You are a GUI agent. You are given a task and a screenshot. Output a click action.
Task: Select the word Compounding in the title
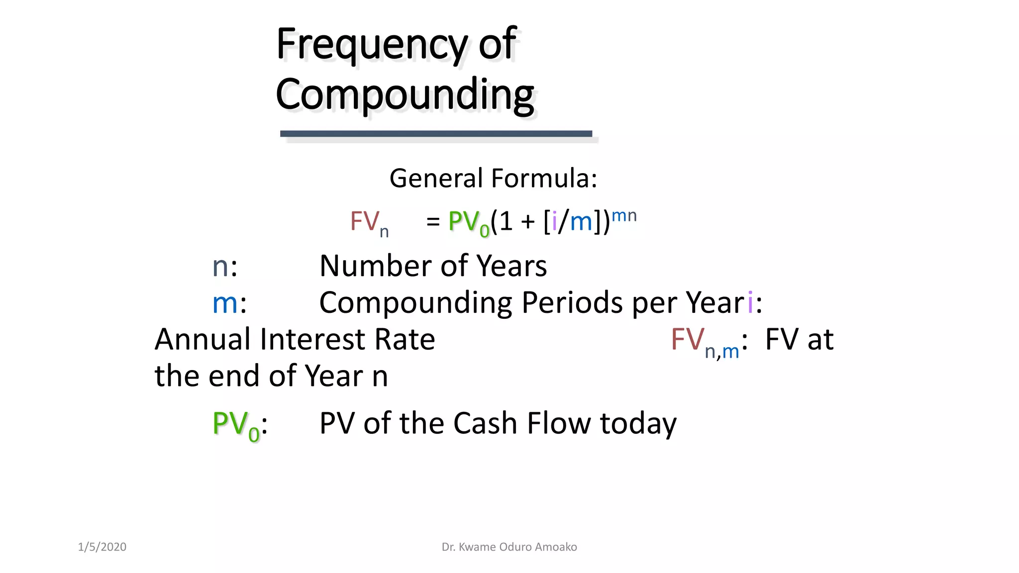(x=405, y=95)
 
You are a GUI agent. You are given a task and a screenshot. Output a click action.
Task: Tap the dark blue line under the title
(x=436, y=133)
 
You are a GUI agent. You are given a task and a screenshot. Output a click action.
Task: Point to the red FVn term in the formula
(x=368, y=222)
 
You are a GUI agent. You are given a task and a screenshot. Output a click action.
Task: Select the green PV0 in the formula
(x=468, y=222)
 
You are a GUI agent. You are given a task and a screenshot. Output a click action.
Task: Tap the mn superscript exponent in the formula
(x=624, y=215)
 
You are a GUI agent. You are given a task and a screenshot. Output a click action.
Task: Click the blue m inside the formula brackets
(x=581, y=222)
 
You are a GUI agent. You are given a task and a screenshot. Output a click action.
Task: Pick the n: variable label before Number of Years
(x=224, y=266)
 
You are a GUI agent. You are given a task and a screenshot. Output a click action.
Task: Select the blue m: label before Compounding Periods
(x=228, y=303)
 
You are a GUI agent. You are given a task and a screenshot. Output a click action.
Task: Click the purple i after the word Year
(x=750, y=303)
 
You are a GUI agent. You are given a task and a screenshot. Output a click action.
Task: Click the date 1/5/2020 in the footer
(x=102, y=547)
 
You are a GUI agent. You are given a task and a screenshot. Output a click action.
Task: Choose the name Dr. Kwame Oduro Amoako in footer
(x=509, y=547)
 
